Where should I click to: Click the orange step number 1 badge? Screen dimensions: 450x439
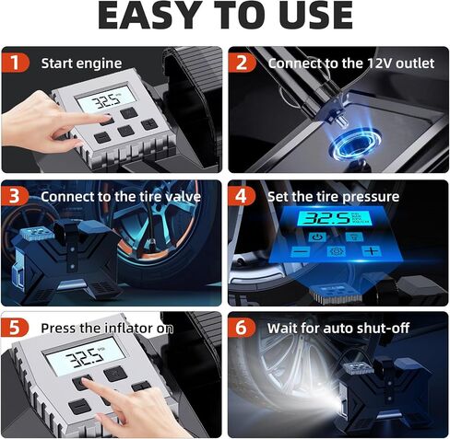[16, 63]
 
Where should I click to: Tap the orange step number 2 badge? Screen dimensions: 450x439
[242, 63]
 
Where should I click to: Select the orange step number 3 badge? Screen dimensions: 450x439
[15, 196]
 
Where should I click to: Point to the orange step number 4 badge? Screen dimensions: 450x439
[242, 196]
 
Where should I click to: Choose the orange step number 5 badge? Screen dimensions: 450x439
[15, 328]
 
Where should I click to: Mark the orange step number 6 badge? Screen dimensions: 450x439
[242, 328]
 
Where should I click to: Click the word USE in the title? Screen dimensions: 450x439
[316, 16]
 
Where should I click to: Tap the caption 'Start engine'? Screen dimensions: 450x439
[81, 64]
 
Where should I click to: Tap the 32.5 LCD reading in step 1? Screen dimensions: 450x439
[106, 99]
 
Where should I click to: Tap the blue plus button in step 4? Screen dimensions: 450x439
[372, 251]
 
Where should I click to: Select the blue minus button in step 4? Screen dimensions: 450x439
[301, 252]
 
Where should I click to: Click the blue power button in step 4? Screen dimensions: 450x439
[316, 237]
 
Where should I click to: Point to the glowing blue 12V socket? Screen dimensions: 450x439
[354, 145]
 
